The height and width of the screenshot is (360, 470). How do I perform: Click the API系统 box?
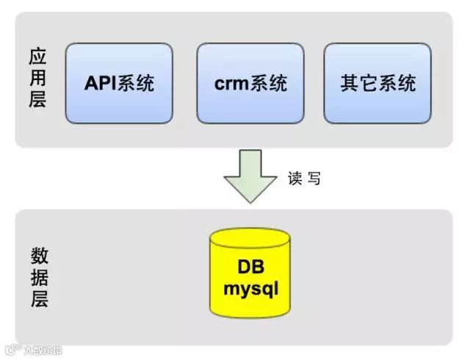click(119, 83)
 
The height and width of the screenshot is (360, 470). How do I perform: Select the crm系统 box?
click(250, 83)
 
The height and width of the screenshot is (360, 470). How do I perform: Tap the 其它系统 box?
click(377, 83)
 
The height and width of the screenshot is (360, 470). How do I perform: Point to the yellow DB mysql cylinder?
click(250, 276)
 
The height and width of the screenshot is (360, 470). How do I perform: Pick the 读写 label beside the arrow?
click(304, 178)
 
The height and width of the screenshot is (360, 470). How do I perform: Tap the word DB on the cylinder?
click(250, 266)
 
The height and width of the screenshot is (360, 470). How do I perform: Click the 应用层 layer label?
click(38, 78)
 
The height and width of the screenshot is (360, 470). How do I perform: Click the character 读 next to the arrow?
click(295, 178)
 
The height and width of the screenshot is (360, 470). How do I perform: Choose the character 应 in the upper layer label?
click(38, 57)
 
